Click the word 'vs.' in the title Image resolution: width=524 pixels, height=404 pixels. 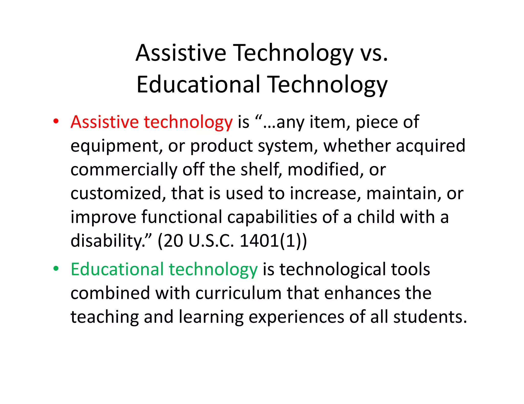click(x=374, y=53)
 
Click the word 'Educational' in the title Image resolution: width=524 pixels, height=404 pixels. click(x=198, y=85)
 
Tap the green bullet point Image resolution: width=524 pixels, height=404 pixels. click(x=56, y=269)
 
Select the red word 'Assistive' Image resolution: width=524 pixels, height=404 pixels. click(x=104, y=122)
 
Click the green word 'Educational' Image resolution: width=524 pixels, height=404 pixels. click(x=117, y=269)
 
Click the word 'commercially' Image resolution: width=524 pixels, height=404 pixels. click(x=124, y=170)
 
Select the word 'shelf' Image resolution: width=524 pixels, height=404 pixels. click(x=260, y=170)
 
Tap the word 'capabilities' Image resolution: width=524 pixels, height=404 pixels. click(x=272, y=217)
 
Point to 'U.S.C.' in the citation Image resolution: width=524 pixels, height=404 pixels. click(x=211, y=241)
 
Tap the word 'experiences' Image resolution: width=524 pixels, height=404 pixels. click(x=296, y=317)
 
